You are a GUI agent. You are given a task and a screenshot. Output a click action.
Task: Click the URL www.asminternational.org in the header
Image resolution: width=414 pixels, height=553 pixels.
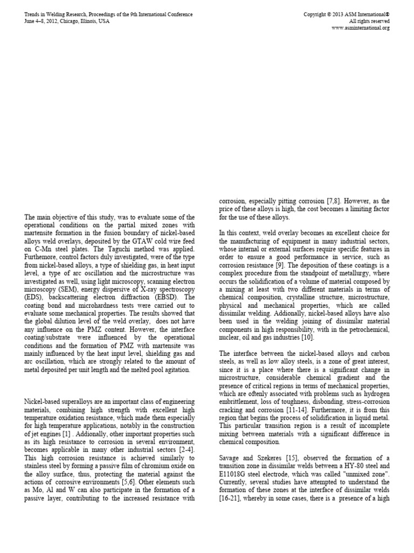coord(360,28)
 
